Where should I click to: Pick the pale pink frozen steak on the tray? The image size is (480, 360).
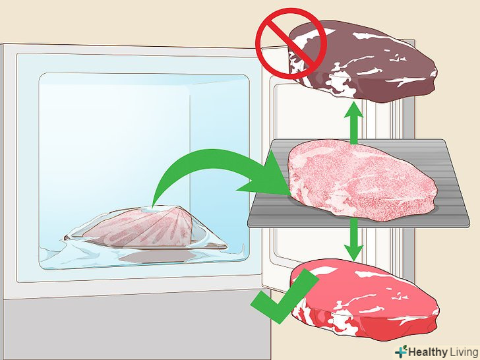361,181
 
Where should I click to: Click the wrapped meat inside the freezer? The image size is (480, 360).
144,228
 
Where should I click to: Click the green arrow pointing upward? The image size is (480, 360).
354,123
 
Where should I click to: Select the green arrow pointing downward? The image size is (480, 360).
354,239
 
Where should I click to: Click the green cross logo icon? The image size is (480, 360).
401,351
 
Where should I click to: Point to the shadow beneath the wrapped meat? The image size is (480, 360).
156,256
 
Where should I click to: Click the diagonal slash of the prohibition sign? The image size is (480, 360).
291,44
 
